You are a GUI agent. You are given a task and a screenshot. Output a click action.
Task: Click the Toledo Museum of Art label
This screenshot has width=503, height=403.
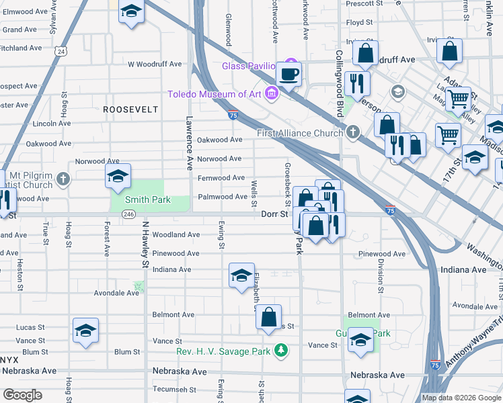coord(214,94)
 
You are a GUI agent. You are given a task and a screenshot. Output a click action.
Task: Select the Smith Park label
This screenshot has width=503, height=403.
coord(149,199)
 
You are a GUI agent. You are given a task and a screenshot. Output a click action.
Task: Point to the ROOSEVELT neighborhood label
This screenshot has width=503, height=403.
coord(130,109)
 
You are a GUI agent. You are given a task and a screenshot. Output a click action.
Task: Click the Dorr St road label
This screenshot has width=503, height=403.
coord(274,214)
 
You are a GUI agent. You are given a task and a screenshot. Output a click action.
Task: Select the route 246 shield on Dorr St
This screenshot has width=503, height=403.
coord(129,214)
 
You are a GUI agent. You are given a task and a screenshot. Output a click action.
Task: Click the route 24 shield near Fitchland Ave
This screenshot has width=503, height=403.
coord(61,51)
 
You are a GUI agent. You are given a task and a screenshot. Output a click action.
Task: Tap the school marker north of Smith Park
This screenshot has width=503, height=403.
coord(118,177)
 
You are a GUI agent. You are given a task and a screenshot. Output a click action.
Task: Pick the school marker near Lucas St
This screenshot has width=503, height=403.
coord(86,330)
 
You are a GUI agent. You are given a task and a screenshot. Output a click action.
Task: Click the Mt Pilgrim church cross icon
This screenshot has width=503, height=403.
coord(63,179)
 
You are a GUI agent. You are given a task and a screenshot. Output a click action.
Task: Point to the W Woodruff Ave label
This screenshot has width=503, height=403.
coord(155,64)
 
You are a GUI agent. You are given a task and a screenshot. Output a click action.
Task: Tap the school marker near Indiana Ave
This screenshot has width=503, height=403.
coord(241,275)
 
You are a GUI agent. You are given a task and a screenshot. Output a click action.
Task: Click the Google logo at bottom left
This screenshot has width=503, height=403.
coord(22,394)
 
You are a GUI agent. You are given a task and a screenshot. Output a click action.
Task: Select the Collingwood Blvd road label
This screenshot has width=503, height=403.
coord(340,81)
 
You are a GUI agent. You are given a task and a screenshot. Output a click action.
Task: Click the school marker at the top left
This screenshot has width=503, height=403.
coord(131,11)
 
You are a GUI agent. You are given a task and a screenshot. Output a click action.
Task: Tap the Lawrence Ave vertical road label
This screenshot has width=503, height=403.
coord(190,142)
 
